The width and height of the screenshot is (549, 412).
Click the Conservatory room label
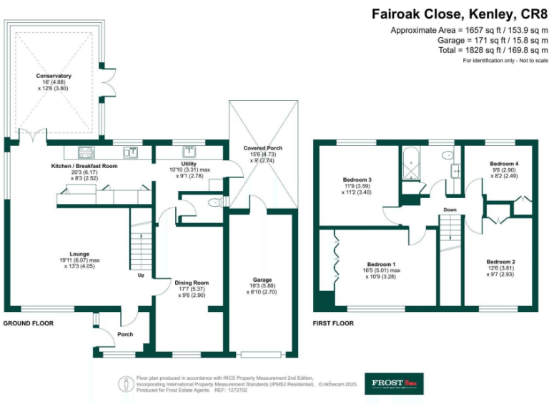point(54,76)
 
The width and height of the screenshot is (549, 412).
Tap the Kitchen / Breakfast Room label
point(84,166)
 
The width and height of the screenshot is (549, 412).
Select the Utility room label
point(189,164)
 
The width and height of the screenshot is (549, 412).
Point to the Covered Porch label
point(262,148)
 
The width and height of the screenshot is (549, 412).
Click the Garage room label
point(262,280)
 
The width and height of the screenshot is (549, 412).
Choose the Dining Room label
point(191,283)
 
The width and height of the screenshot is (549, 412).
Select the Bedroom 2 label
point(501,262)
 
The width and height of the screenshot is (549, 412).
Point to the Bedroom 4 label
point(503,164)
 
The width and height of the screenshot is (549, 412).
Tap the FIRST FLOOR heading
point(333,323)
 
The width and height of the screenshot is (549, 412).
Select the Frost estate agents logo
point(394,383)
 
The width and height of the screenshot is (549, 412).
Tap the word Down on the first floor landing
point(450,210)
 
